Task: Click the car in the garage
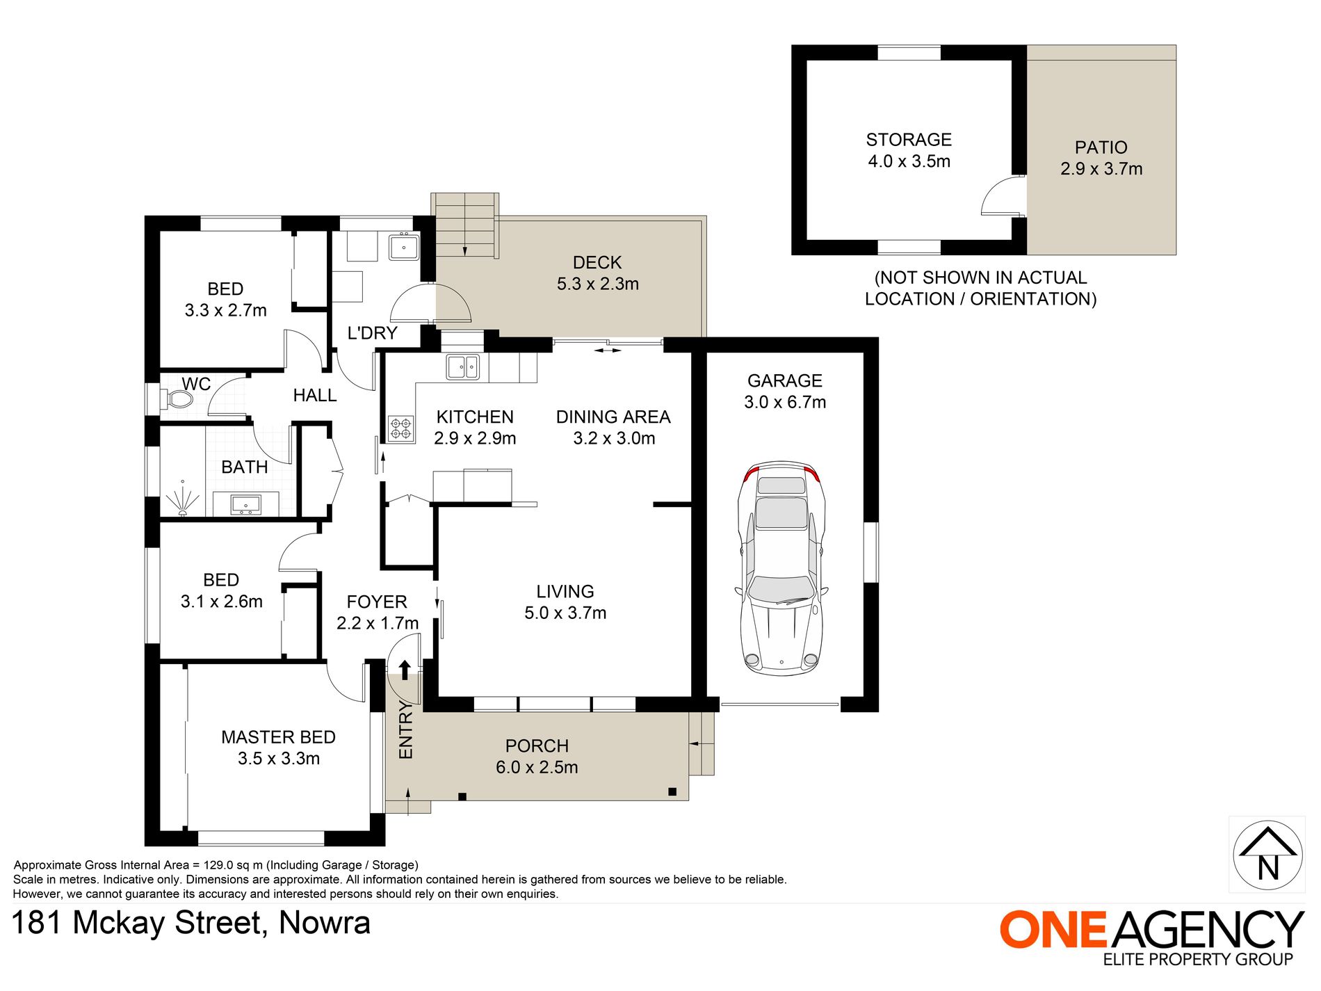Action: [x=782, y=567]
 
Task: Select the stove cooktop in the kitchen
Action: [x=401, y=428]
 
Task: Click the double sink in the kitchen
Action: [x=462, y=367]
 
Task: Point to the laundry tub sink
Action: [x=403, y=247]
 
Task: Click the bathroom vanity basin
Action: [x=245, y=503]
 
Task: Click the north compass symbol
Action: [x=1267, y=855]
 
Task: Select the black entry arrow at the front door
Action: [x=405, y=669]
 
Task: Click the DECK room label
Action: [x=597, y=262]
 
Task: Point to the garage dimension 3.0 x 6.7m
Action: [x=785, y=402]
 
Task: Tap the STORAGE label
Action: [x=909, y=140]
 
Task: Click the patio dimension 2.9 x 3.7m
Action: [x=1101, y=169]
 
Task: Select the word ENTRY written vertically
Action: [x=405, y=730]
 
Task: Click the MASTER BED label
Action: [x=278, y=737]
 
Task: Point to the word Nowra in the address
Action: [x=325, y=923]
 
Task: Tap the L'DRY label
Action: [x=372, y=333]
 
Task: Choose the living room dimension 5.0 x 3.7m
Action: [x=565, y=613]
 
